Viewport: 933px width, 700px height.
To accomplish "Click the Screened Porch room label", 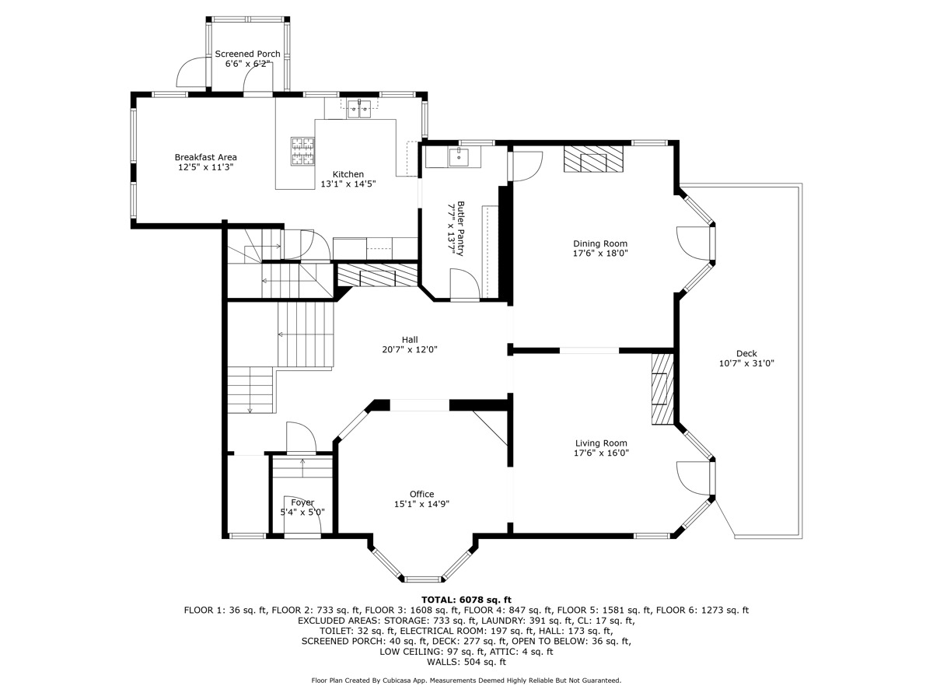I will tap(247, 54).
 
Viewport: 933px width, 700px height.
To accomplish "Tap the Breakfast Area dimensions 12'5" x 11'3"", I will tap(205, 166).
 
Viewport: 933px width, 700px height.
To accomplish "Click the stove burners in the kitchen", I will tap(302, 151).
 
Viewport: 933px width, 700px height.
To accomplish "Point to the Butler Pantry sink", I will tap(459, 157).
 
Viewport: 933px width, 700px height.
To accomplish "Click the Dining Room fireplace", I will tap(593, 160).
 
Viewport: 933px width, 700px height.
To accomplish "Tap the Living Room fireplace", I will tap(662, 389).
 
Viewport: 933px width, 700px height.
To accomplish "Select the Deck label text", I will tap(746, 353).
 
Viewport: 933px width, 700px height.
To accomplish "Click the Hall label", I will tap(410, 339).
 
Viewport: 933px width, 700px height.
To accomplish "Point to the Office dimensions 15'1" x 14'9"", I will tap(421, 504).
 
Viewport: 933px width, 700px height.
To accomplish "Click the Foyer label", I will tap(302, 502).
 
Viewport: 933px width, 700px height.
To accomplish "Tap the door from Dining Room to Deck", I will tap(693, 243).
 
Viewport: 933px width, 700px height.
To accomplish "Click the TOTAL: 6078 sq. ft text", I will tap(466, 600).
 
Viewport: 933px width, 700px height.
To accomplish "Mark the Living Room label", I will tap(601, 443).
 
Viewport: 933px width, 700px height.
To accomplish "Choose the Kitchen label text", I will tap(348, 174).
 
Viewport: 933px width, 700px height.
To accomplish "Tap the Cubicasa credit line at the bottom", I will tap(466, 681).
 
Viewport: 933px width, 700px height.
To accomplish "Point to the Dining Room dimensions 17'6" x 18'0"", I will tap(601, 253).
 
